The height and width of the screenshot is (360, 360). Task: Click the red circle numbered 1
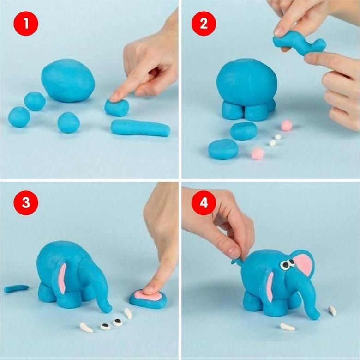click(x=26, y=24)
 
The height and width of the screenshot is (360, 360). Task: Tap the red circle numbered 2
click(x=204, y=24)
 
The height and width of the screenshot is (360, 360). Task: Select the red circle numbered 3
click(x=26, y=202)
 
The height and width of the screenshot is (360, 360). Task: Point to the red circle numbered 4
click(x=204, y=202)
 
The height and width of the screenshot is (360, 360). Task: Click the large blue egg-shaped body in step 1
click(x=68, y=80)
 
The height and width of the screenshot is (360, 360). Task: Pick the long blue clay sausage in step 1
click(x=140, y=128)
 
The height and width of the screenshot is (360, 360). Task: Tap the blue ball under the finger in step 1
click(x=117, y=107)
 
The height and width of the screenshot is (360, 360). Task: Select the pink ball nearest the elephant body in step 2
click(x=287, y=125)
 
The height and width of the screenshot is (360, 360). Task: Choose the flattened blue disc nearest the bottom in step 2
click(x=223, y=149)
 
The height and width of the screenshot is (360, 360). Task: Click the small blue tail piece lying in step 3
click(x=17, y=288)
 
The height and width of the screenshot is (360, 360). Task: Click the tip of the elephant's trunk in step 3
click(x=108, y=310)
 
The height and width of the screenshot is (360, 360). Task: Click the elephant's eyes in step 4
click(x=288, y=264)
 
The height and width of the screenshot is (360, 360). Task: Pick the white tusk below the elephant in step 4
click(x=288, y=327)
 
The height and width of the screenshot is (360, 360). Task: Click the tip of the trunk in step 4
click(x=317, y=317)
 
